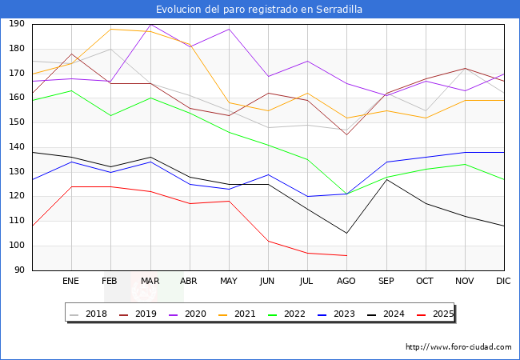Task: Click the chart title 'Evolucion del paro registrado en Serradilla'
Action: [259, 10]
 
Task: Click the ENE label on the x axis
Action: [71, 281]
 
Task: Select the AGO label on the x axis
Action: [346, 281]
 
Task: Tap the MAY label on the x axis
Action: [228, 281]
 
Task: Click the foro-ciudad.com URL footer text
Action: [458, 347]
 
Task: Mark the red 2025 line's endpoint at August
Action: [346, 255]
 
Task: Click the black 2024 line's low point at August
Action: [346, 234]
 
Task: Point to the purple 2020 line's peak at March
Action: [150, 24]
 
